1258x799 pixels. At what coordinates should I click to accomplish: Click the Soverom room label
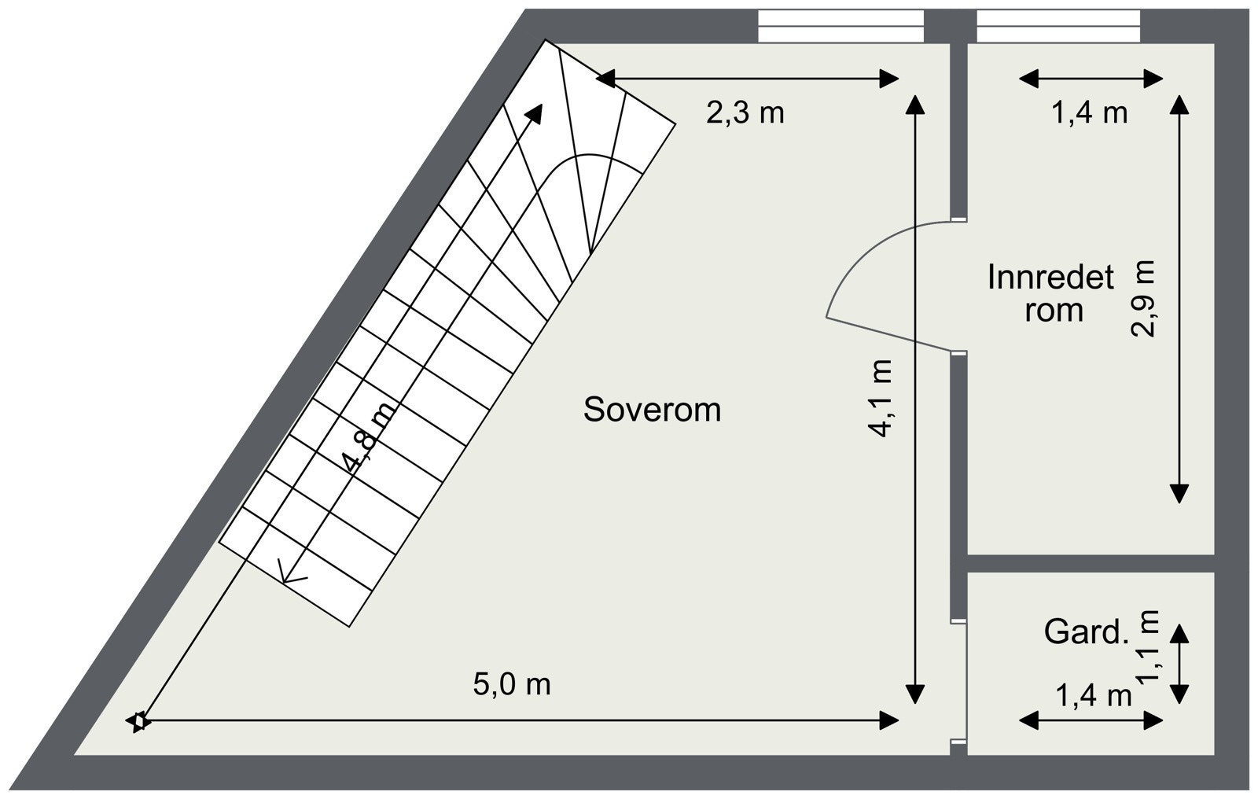coord(652,410)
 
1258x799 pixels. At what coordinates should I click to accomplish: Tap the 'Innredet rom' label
coord(1050,293)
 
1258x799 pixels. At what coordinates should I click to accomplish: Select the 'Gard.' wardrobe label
coord(1086,632)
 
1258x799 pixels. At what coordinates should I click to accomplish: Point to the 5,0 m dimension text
coord(512,685)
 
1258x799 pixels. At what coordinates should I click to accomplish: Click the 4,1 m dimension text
coord(880,398)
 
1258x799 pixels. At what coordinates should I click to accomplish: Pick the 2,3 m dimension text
coord(745,113)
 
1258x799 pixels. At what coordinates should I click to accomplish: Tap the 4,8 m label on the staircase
coord(370,438)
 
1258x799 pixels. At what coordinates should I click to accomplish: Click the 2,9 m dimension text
coord(1142,298)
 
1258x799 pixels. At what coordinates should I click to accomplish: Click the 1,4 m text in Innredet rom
coord(1090,113)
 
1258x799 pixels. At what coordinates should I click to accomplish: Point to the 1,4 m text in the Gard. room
coord(1094,696)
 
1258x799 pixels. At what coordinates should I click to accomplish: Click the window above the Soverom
coord(841,26)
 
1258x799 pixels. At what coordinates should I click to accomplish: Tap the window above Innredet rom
coord(1058,26)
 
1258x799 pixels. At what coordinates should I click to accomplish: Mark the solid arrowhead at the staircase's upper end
coord(534,114)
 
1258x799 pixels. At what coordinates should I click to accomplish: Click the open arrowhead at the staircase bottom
coord(290,576)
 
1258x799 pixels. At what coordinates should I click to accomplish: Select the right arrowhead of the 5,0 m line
coord(889,720)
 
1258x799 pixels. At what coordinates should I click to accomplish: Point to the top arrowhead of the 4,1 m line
coord(915,105)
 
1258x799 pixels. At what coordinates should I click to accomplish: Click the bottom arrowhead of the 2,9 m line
coord(1179,493)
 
